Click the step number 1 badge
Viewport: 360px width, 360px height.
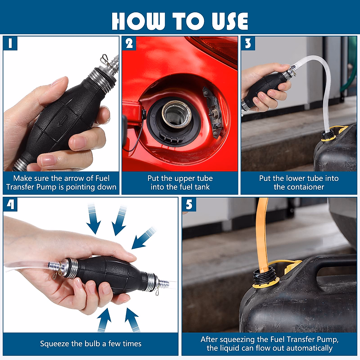tap(10, 43)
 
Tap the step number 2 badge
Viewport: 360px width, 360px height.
tap(129, 43)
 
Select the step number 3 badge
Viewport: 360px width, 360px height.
tap(248, 43)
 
